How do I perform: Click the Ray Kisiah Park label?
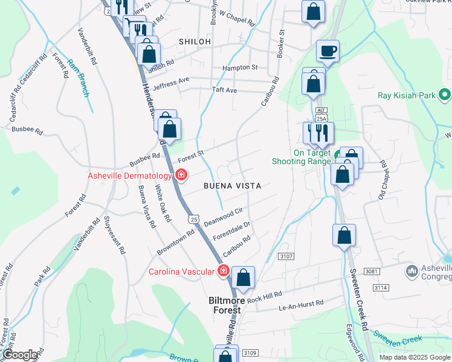[406, 95]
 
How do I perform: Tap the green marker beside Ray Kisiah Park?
[445, 95]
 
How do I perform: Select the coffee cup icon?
[328, 51]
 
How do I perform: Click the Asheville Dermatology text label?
[130, 176]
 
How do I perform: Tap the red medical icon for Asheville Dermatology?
[181, 175]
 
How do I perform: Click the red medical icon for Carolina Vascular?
[223, 271]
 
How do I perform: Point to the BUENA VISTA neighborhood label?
[233, 186]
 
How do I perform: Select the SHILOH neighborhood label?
[195, 41]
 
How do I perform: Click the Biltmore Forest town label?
[225, 305]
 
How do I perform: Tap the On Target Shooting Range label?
[301, 157]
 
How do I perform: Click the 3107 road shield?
[286, 256]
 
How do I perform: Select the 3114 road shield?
[380, 287]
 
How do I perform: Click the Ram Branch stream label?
[78, 78]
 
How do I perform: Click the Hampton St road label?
[240, 68]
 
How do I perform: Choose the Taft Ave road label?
[224, 91]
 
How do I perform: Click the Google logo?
[20, 355]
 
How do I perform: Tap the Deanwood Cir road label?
[223, 215]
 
